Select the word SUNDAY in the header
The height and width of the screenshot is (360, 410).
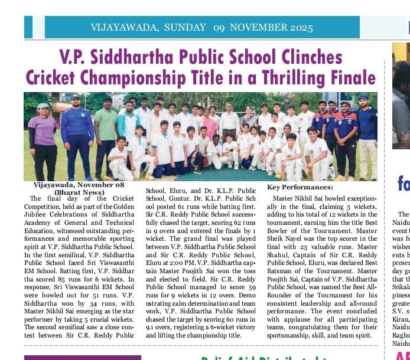(x=186, y=28)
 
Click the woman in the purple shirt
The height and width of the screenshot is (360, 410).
(x=43, y=139)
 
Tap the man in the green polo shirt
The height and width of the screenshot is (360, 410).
(x=106, y=133)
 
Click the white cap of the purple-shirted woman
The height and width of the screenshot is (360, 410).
(x=43, y=107)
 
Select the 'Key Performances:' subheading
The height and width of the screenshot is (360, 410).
(x=300, y=187)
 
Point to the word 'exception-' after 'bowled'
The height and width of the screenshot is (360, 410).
(x=359, y=198)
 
